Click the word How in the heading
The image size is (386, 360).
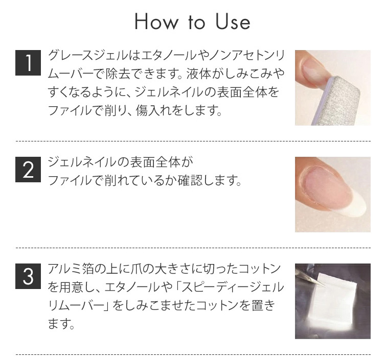[x=156, y=21]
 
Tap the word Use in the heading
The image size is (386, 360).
[x=233, y=21]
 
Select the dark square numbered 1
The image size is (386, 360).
[x=28, y=63]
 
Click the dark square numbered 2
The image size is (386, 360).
[x=28, y=170]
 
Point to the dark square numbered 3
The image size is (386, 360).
[x=28, y=276]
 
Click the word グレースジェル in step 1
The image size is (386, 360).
[x=88, y=55]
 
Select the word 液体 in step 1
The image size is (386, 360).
[x=198, y=74]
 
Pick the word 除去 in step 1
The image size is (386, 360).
[x=118, y=74]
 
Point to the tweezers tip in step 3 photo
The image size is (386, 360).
[x=325, y=285]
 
